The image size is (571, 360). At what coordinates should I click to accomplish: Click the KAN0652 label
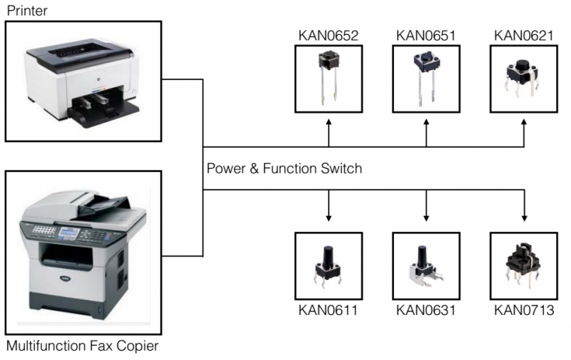[x=328, y=36]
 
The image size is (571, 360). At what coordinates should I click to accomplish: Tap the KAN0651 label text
[x=426, y=36]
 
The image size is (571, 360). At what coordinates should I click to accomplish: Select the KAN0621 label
[x=524, y=36]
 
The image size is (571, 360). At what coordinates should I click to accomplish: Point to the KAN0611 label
[x=328, y=311]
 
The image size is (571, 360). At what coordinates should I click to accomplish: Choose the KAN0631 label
[x=426, y=311]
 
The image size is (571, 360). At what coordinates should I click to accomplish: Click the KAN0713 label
[x=524, y=311]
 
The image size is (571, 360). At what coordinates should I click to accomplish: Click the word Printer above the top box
[x=27, y=11]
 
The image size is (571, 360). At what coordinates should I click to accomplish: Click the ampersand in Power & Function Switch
[x=254, y=169]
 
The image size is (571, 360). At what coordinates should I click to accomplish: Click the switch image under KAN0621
[x=522, y=79]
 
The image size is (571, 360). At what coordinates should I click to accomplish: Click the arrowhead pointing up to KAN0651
[x=426, y=122]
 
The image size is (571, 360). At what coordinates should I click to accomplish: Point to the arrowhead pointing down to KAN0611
[x=328, y=218]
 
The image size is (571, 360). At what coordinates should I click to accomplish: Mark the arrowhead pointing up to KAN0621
[x=524, y=122]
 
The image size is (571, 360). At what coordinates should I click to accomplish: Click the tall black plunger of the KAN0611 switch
[x=328, y=258]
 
